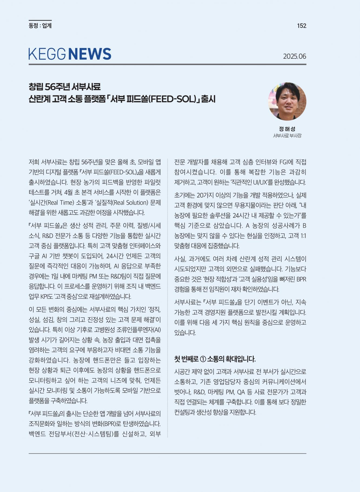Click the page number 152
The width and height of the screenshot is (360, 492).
[302, 26]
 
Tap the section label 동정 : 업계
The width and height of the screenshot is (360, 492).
[40, 26]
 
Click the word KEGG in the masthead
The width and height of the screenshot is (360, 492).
[47, 54]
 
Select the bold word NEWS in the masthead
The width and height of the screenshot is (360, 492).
[90, 54]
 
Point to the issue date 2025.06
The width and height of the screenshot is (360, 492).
[295, 56]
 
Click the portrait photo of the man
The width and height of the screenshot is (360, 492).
[287, 101]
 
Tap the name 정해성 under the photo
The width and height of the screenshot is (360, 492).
[287, 129]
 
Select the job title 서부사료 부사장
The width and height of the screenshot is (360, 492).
[287, 136]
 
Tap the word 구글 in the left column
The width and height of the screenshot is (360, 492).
[34, 256]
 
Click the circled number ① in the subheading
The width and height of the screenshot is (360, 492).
[203, 359]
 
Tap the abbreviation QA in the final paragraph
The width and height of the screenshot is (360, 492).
[241, 392]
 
